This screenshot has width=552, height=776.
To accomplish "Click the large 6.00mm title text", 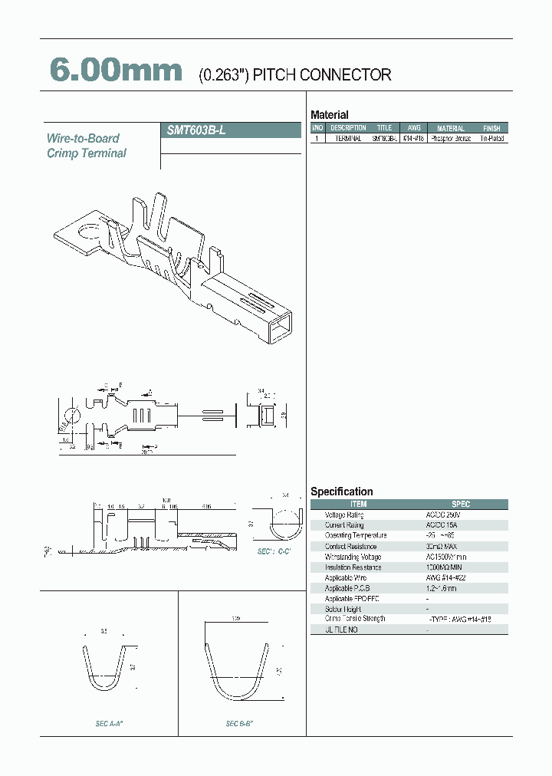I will (x=116, y=71).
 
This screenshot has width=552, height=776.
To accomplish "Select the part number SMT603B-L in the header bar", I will (x=196, y=130).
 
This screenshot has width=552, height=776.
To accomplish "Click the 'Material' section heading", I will (x=329, y=115).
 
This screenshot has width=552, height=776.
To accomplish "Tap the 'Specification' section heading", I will (x=341, y=492).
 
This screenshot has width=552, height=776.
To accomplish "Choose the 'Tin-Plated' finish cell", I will (x=491, y=139).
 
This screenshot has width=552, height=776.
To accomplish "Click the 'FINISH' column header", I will (x=491, y=128).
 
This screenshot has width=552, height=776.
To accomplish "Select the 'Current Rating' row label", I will (x=344, y=525).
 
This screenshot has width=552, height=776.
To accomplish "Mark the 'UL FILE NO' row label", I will (x=341, y=630).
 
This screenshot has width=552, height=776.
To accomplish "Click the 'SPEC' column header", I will (x=460, y=505).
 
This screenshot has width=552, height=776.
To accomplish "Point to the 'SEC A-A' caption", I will (x=104, y=723).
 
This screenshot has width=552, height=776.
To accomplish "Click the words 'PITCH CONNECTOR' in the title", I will (x=322, y=75).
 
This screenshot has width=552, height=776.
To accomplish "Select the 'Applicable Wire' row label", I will (x=345, y=577).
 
